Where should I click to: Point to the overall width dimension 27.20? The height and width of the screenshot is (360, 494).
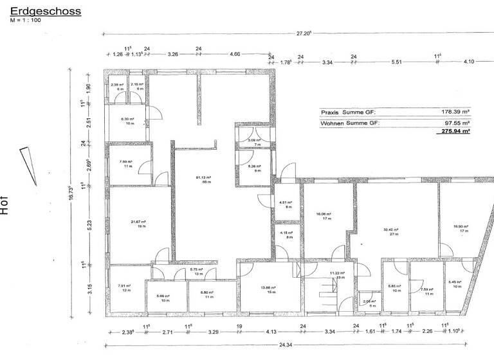click(304, 33)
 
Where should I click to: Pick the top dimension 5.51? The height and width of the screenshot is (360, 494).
click(396, 62)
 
